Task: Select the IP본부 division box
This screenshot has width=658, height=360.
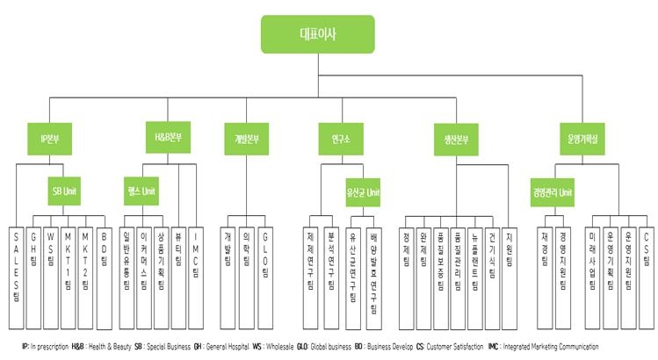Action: pos(49,139)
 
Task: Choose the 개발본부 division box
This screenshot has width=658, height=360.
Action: pos(246,139)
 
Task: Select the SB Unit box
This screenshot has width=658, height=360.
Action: pos(65,190)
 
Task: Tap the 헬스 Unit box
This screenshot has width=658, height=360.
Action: pos(141,190)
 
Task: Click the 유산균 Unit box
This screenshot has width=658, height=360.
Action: pos(362,190)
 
